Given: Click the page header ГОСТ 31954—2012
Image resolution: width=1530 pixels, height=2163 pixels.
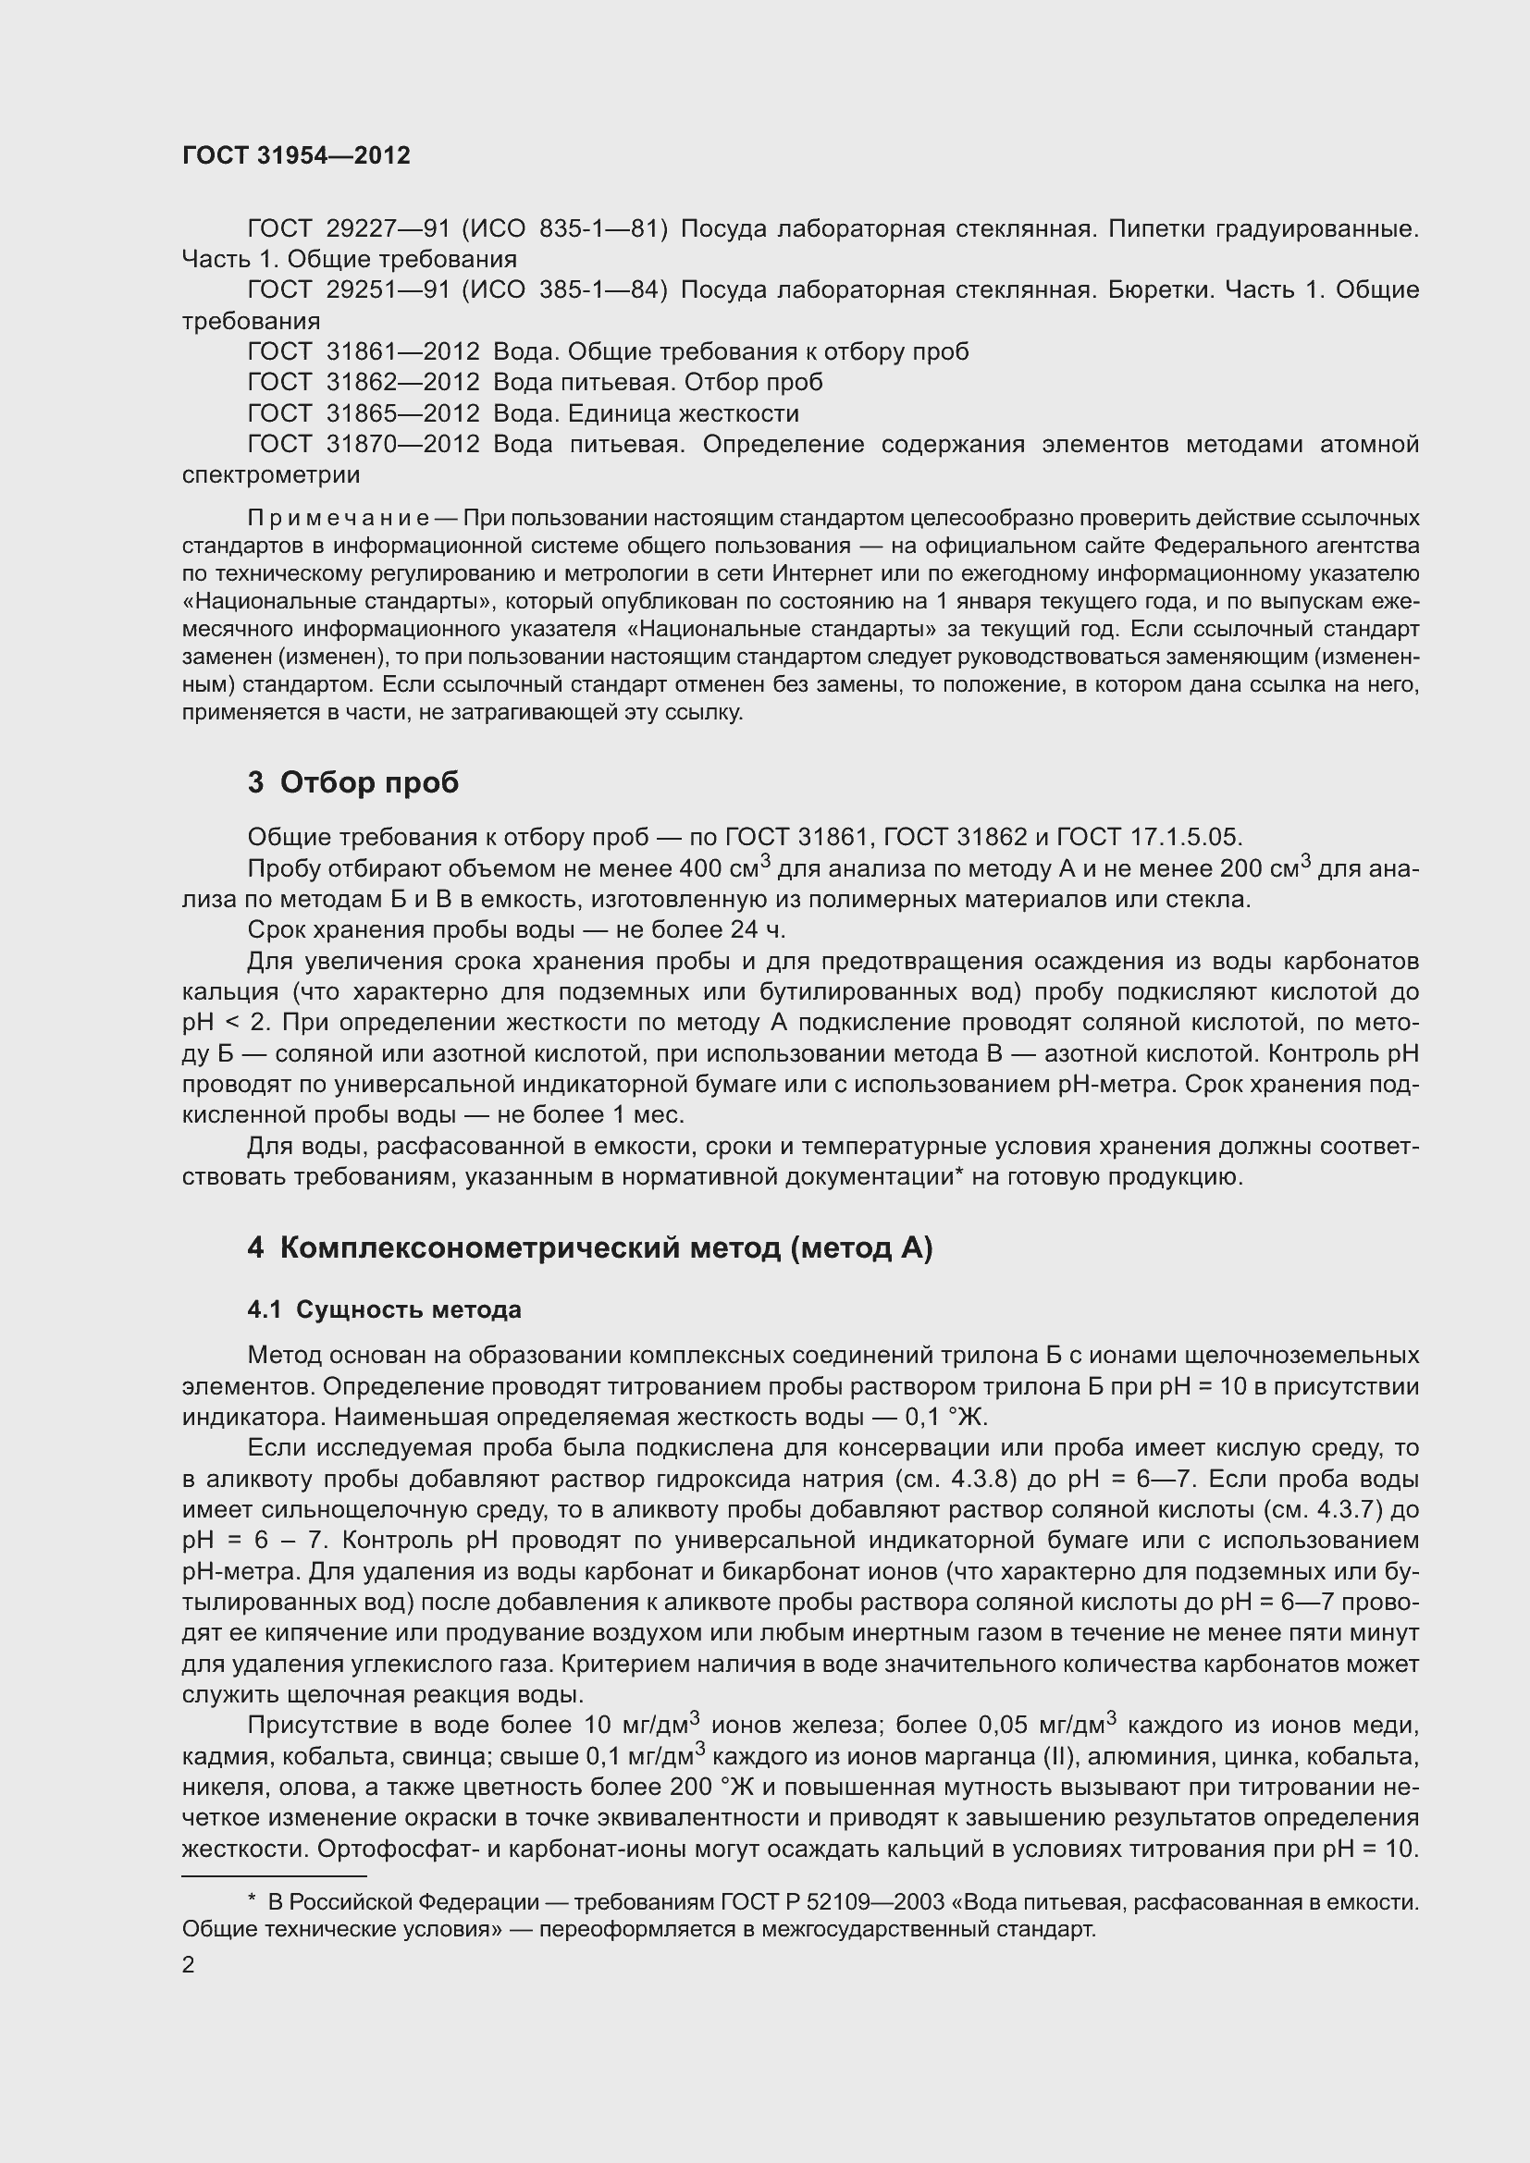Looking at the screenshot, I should [x=296, y=155].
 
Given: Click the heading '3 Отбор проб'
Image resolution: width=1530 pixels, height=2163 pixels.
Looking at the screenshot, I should [x=352, y=782].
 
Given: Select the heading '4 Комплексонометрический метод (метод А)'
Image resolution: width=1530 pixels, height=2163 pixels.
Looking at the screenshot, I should [x=590, y=1247].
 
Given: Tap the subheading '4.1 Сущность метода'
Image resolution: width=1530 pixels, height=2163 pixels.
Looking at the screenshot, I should [x=384, y=1309].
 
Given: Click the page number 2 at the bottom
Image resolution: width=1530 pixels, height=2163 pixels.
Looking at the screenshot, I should [x=189, y=1964].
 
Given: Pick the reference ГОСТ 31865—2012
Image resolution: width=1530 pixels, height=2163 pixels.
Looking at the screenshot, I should [x=364, y=413].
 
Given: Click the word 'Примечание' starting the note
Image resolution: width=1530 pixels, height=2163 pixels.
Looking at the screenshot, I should [x=339, y=518].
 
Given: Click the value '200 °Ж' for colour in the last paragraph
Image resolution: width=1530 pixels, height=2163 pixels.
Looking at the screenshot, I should [x=711, y=1788].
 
